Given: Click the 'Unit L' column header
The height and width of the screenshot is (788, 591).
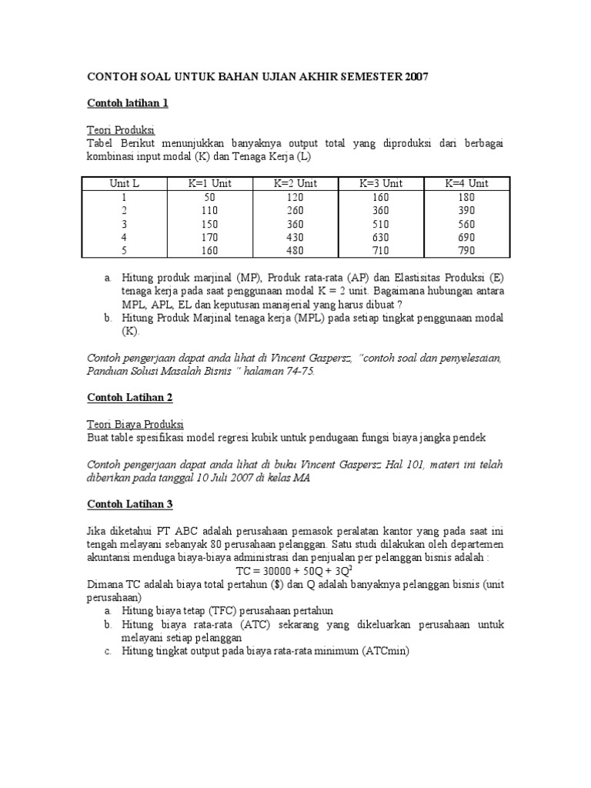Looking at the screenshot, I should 125,183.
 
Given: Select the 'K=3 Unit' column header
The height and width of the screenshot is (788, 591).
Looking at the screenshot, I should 381,183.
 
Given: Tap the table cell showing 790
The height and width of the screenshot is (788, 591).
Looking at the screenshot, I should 466,250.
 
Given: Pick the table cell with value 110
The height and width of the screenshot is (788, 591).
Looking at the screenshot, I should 210,209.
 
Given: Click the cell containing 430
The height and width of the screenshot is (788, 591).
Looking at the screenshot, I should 295,237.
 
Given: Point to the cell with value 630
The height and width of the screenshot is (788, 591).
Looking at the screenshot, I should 381,237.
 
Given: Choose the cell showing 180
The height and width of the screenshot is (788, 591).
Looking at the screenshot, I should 466,196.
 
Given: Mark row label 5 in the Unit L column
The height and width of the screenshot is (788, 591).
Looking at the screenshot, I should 125,250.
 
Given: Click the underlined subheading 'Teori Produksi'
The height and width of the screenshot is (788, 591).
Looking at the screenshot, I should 120,130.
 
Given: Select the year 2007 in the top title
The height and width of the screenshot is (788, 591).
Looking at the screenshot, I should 412,76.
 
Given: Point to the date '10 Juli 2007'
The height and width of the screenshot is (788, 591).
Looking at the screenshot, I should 242,477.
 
